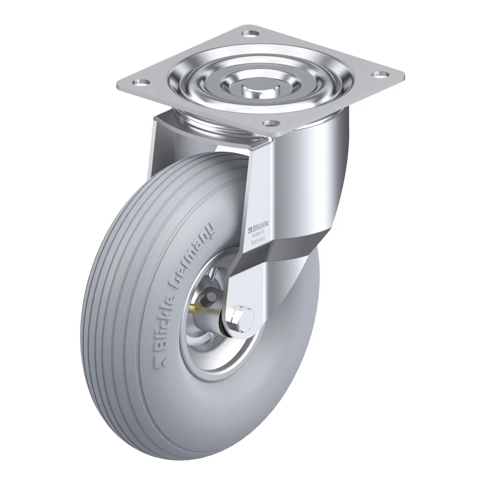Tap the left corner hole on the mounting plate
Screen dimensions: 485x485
pos(140,82)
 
